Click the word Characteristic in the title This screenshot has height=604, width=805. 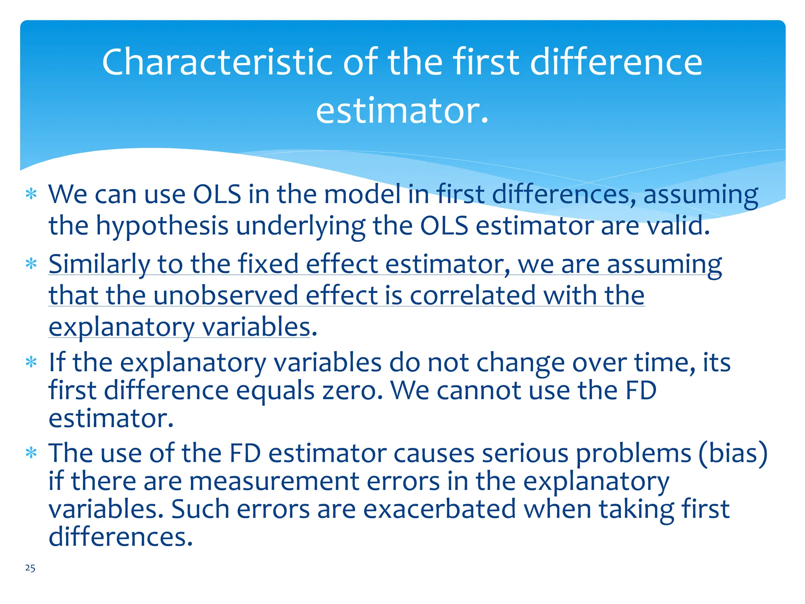tap(218, 62)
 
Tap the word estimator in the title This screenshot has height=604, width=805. tap(402, 111)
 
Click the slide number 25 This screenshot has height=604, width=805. tap(30, 568)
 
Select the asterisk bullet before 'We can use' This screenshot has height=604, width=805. tap(31, 194)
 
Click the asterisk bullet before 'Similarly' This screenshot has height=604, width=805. tap(31, 264)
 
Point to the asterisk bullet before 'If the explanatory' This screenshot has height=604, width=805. tap(31, 362)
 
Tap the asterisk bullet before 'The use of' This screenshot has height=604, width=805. tap(31, 453)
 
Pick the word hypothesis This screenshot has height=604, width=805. tap(162, 226)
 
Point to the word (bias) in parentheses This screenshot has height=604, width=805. tap(733, 453)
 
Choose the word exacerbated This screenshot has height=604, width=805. tap(439, 509)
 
